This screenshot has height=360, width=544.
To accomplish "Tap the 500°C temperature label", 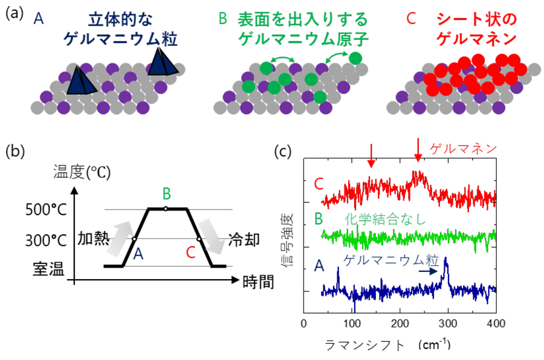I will point(48,210).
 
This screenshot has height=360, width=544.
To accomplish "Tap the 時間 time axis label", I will point(254,281).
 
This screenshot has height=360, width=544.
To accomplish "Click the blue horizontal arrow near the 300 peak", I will point(428,271).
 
